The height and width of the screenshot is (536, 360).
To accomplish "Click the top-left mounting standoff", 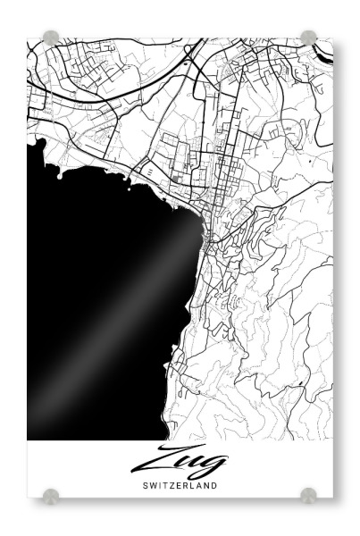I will [51, 38].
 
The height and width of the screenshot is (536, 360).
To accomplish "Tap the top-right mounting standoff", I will [308, 38].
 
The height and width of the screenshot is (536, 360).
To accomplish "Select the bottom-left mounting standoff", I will [51, 495].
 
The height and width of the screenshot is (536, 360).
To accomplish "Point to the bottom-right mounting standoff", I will [308, 495].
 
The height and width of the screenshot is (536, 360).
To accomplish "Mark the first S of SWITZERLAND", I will [145, 487].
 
